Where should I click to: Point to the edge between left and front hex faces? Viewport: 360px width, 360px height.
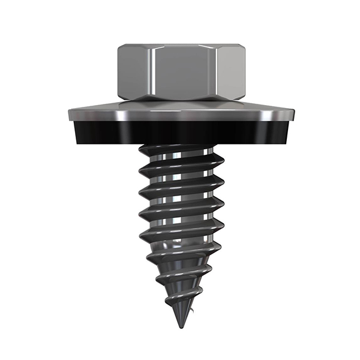click(152, 72)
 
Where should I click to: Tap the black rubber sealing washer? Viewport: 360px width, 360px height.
click(180, 133)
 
